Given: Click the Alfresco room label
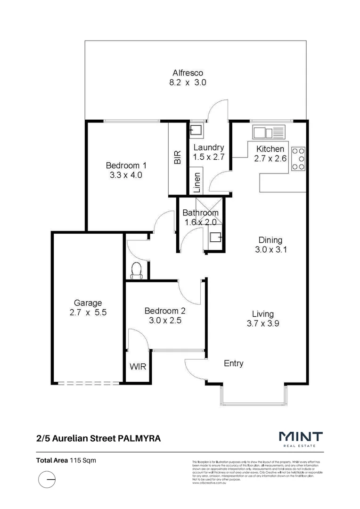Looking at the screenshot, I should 188,73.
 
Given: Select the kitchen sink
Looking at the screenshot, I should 270,131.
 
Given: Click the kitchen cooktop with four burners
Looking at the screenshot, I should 298,159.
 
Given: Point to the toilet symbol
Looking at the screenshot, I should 137,271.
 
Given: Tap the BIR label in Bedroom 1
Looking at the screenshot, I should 178,158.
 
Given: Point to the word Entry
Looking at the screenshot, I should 233,363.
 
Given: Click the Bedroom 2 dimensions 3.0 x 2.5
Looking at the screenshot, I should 164,320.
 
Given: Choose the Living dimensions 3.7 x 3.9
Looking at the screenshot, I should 263,323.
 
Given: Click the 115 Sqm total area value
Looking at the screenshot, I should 83,460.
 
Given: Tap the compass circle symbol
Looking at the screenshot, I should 47,481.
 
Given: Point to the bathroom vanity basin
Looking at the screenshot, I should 216,237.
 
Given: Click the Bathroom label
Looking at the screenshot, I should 200,213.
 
